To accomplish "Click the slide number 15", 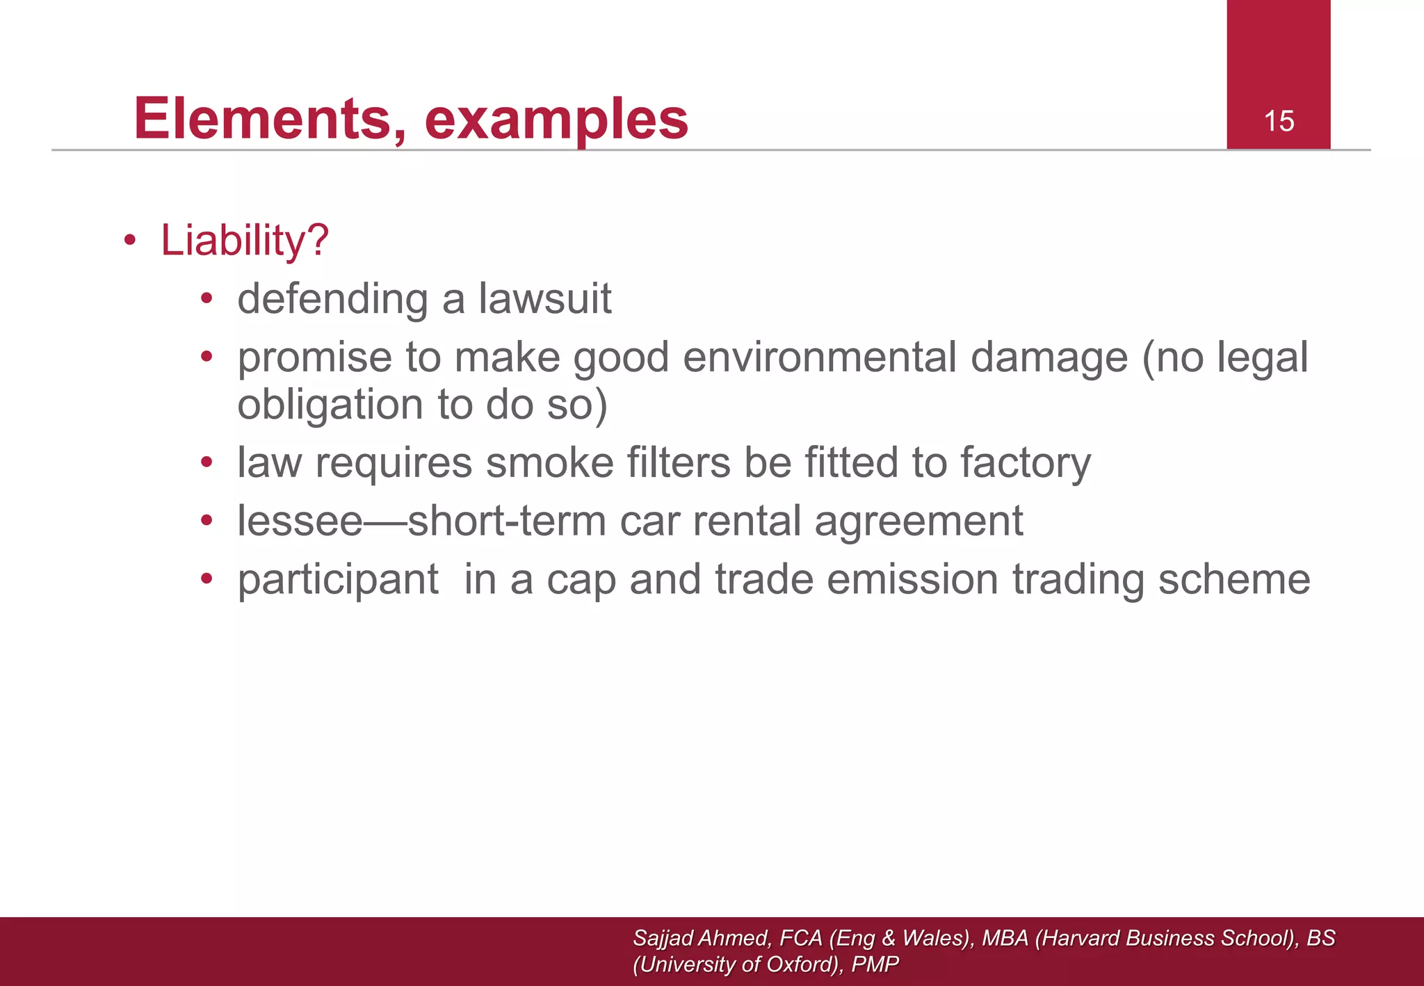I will (x=1279, y=122).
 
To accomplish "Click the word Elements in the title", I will (x=270, y=119).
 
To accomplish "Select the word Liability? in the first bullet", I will (x=244, y=241).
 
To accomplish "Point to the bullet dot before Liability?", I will (x=130, y=241).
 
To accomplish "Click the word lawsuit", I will (x=544, y=299).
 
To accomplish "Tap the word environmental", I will (x=820, y=357).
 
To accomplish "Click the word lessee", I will (x=300, y=521).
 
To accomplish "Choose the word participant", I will (x=338, y=580).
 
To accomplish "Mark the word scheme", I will (x=1233, y=579).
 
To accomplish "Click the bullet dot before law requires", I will (x=207, y=463).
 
